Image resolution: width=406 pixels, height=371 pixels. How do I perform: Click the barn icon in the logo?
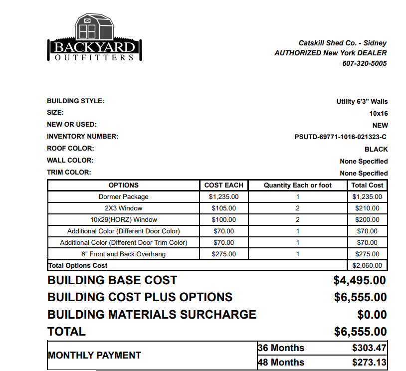[x=94, y=28]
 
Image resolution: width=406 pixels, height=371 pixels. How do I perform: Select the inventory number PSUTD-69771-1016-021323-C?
[x=341, y=137]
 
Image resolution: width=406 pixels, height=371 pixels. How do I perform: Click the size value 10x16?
[x=378, y=114]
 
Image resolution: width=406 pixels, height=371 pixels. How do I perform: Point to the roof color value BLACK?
[x=376, y=149]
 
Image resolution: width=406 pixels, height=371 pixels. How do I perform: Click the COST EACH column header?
[x=223, y=185]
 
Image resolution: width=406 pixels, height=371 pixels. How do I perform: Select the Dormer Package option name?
[x=123, y=197]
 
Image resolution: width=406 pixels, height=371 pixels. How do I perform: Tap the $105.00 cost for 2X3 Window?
[x=223, y=208]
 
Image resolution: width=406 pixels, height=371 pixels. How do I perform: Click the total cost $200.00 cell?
[x=367, y=220]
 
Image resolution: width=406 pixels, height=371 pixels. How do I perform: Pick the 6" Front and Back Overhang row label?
[x=123, y=254]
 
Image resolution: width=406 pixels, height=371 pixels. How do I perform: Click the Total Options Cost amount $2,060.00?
[x=367, y=266]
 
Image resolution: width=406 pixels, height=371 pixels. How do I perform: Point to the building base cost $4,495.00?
[x=360, y=280]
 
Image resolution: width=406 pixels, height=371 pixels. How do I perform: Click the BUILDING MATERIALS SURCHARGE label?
[x=152, y=315]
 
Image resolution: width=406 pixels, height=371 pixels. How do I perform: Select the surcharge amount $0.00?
[x=372, y=315]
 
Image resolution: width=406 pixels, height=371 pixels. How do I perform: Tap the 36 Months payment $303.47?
[x=370, y=348]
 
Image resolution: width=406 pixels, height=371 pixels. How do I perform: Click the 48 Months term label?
[x=281, y=363]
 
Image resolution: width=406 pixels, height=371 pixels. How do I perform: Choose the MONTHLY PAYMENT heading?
[x=94, y=355]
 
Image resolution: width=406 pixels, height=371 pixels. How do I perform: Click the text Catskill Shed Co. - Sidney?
[x=342, y=43]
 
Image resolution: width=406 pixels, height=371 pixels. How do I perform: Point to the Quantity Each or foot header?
[x=297, y=185]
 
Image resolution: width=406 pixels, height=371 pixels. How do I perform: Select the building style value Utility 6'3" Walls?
[x=362, y=102]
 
